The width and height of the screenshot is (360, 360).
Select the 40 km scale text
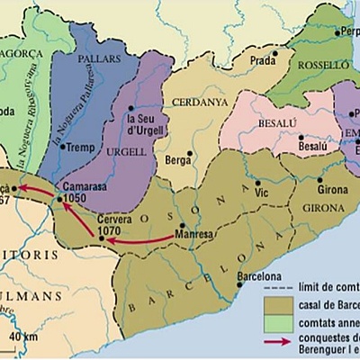point(25,336)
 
